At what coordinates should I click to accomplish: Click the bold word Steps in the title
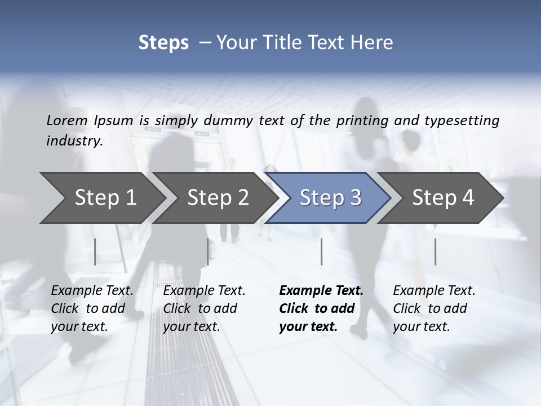(163, 43)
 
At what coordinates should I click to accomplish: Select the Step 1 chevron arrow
(101, 197)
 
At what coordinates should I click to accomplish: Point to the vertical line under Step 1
(95, 251)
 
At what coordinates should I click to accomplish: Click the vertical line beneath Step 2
(208, 251)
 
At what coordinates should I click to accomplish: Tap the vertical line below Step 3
(321, 251)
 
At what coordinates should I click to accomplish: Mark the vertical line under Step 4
(435, 251)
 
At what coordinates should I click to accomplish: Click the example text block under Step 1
(92, 308)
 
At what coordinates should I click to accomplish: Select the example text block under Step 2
(204, 308)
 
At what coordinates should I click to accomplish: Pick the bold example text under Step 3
(321, 308)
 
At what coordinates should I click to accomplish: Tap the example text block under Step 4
(434, 308)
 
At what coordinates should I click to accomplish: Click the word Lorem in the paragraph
(67, 120)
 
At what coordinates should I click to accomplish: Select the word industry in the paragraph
(74, 141)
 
